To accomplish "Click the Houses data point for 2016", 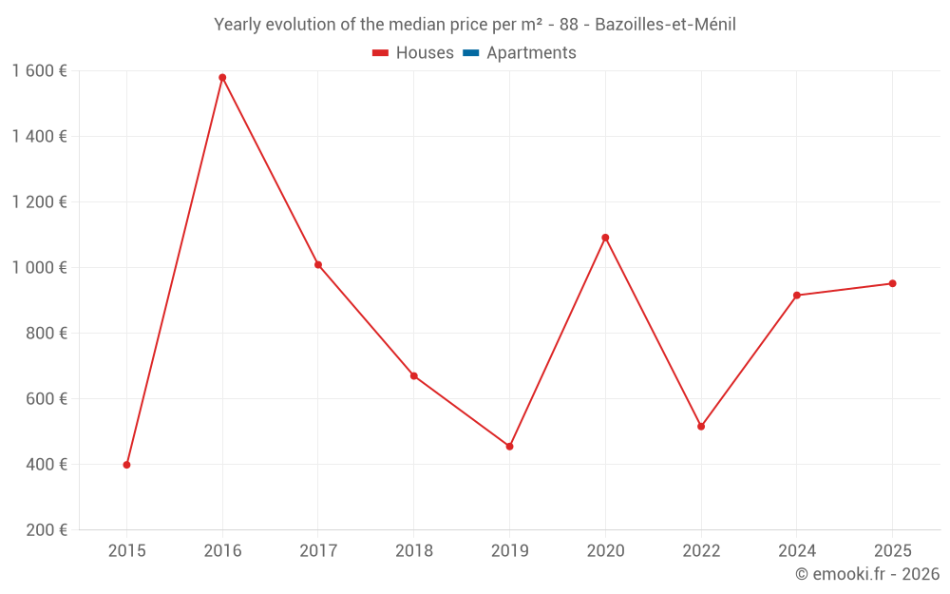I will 222,78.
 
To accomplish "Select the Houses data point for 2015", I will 126,465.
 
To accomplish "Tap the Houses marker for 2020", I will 605,238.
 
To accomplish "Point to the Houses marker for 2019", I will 509,447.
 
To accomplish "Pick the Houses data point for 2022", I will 701,427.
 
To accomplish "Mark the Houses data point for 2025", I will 892,283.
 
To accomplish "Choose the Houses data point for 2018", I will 413,376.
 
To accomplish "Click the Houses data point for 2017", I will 318,265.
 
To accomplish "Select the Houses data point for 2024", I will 796,296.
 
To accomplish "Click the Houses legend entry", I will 413,53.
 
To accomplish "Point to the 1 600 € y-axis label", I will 39,70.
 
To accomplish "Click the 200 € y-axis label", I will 47,530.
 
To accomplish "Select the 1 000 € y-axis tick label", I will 39,268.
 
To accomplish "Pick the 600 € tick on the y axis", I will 47,399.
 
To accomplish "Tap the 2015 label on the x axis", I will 126,551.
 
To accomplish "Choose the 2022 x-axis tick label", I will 701,551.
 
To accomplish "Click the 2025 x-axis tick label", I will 892,551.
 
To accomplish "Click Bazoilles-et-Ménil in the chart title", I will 665,25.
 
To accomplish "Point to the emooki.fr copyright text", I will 867,574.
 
